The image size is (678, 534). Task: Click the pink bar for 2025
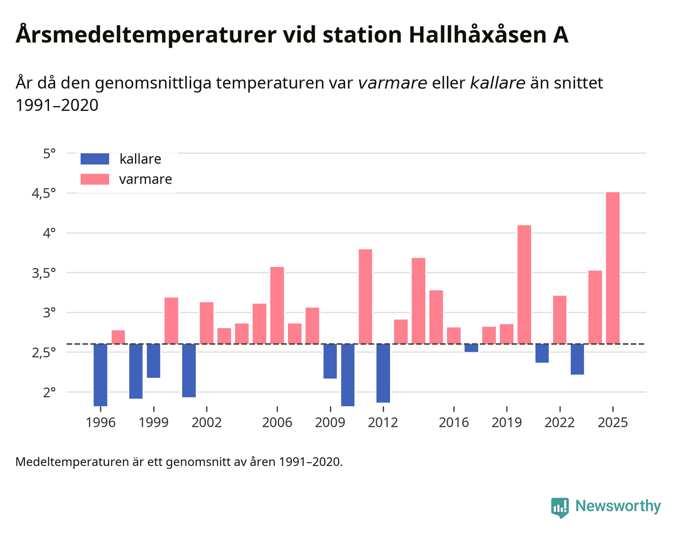tap(613, 268)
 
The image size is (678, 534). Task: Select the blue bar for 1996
tap(100, 375)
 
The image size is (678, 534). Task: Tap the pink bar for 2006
tap(277, 305)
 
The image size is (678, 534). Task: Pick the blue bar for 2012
tap(383, 373)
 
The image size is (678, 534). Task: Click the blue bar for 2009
tap(330, 361)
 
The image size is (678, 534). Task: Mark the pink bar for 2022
tap(560, 320)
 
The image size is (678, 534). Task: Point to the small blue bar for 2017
tap(471, 348)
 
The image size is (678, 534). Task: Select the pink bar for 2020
tap(524, 284)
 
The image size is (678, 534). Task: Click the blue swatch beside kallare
tap(95, 159)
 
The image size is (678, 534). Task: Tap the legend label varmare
tap(145, 180)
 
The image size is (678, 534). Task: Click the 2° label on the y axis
tap(49, 392)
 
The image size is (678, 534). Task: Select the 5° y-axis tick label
tap(49, 154)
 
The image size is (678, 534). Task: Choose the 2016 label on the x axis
tap(453, 423)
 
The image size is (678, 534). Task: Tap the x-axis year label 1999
tap(153, 423)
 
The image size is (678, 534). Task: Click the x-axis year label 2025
tap(613, 423)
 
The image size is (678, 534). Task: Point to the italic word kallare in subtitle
tap(497, 83)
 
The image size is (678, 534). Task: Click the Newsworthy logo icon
tap(560, 507)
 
